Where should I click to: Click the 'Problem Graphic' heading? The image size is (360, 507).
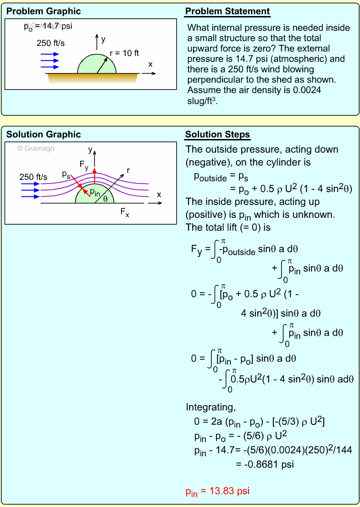44,11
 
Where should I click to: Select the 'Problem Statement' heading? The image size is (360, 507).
227,11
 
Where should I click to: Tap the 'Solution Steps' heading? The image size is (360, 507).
217,134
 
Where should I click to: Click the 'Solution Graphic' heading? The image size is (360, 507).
44,134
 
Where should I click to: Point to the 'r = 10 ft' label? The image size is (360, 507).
124,53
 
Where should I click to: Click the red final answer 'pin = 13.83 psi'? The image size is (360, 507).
217,491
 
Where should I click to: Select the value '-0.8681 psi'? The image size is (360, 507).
265,464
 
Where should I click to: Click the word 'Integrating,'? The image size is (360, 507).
210,407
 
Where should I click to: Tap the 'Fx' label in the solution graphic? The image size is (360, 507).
124,212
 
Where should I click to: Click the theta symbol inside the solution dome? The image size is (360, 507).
105,199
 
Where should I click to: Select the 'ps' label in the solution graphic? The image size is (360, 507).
66,174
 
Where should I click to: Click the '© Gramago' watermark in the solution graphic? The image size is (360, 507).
35,148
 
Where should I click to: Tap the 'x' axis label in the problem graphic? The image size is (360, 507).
150,64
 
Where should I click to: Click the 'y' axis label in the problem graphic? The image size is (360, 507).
103,39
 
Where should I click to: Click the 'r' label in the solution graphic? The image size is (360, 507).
128,170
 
